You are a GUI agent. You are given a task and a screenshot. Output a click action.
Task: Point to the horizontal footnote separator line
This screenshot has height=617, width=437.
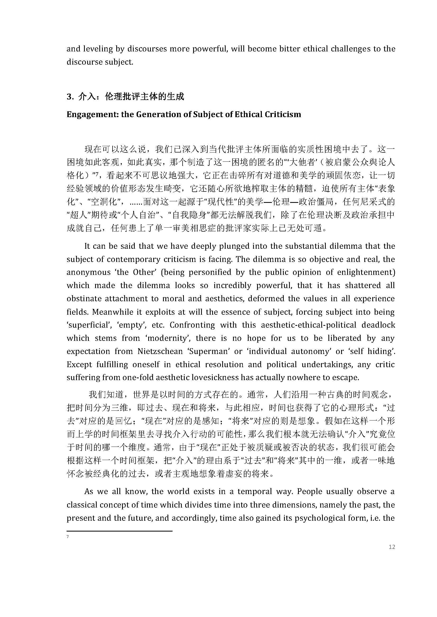click(x=119, y=531)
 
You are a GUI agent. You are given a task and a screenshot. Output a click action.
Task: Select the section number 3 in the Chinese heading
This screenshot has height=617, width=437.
click(x=69, y=97)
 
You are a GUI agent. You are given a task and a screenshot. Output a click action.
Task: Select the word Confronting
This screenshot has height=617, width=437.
click(x=192, y=325)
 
